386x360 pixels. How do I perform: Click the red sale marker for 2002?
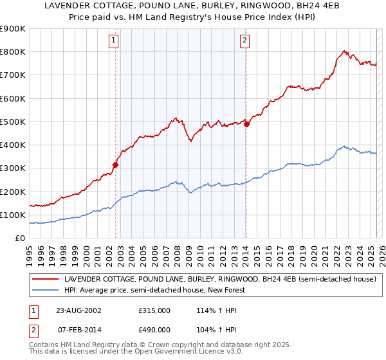tap(116, 165)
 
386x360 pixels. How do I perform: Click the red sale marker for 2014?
tap(246, 124)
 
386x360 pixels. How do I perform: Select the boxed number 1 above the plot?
tap(113, 40)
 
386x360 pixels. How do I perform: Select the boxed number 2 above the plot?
tap(245, 40)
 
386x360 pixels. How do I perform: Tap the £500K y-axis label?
tap(13, 122)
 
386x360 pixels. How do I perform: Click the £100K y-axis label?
tap(13, 215)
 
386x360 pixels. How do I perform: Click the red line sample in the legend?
tap(46, 280)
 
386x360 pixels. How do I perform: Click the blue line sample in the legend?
tap(46, 290)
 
